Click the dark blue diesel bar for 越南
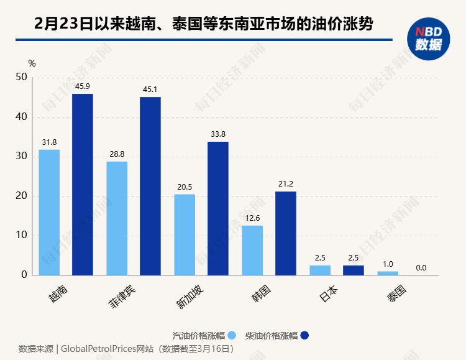coord(83,184)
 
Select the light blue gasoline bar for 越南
coord(49,212)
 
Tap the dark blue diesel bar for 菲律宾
coord(150,186)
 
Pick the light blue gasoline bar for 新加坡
coord(185,234)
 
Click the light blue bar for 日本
coord(320,270)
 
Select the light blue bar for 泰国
coord(388,273)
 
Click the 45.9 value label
coord(83,86)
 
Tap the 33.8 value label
coord(218,134)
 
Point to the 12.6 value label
coord(252,218)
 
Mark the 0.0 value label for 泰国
coord(421,268)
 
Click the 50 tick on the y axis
coord(22,77)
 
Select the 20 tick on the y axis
coord(22,196)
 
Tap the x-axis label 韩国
coord(260,293)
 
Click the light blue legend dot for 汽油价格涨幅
coord(232,336)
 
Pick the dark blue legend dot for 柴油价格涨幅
coord(304,336)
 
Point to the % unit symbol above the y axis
coord(32,63)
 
